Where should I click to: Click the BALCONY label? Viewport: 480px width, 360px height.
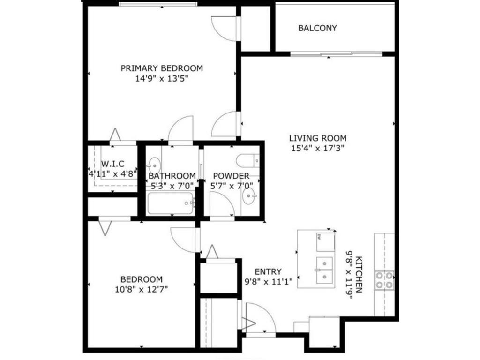[317, 28]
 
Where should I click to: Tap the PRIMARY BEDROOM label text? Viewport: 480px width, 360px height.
[162, 68]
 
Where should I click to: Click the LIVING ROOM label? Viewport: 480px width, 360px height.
[317, 138]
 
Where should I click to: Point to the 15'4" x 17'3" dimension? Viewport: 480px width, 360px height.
[317, 149]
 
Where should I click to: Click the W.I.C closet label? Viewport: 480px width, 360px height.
[112, 164]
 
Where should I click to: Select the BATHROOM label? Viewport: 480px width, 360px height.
[172, 176]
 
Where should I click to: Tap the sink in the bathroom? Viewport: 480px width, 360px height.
[153, 165]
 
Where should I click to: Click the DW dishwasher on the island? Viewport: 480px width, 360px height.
[325, 241]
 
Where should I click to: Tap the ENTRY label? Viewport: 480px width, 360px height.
[268, 271]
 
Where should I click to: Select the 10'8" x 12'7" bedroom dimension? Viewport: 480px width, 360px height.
[141, 289]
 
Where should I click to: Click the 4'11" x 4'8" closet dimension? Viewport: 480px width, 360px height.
[112, 173]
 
